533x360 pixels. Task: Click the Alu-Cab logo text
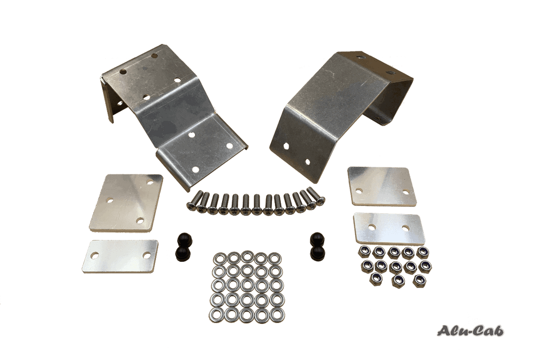tap(471, 331)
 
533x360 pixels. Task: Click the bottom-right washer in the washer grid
tap(277, 315)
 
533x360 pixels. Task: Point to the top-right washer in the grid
tap(275, 258)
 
